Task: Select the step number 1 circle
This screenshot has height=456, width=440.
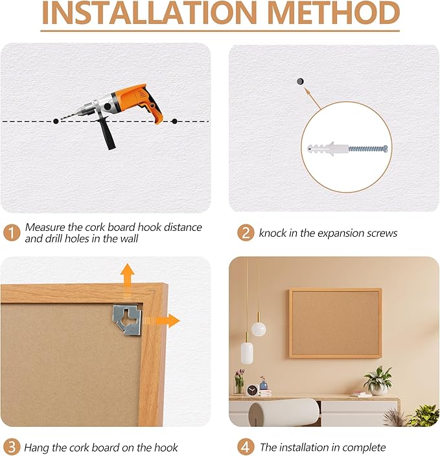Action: pos(12,232)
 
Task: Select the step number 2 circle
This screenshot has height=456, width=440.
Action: pos(245,232)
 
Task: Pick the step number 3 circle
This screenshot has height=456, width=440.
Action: pos(12,446)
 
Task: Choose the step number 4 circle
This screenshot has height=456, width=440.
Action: pos(245,446)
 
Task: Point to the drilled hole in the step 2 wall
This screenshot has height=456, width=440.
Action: pos(299,82)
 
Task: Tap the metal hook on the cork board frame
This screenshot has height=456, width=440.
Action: pos(128,319)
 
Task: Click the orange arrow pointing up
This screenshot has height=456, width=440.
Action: pos(127,276)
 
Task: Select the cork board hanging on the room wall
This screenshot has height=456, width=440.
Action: pos(335,323)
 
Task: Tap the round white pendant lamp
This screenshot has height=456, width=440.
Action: pos(259,329)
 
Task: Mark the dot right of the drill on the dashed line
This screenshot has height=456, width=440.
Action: pos(174,121)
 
